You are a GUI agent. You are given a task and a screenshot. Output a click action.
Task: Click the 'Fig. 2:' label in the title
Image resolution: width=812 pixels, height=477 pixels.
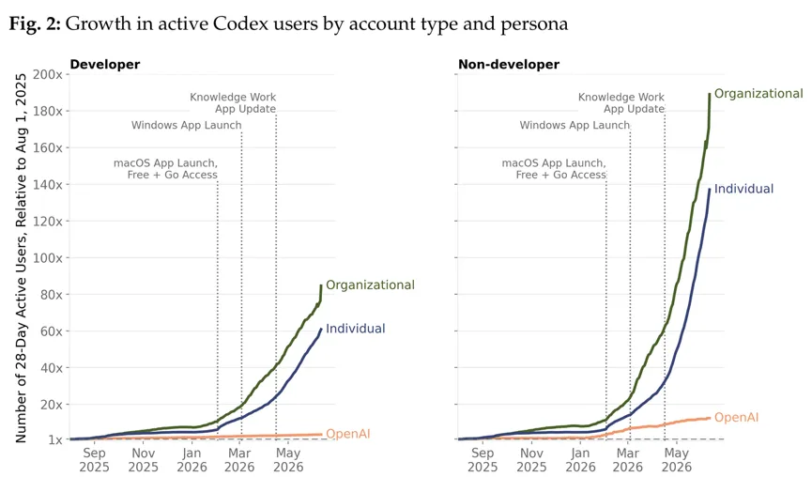click(35, 23)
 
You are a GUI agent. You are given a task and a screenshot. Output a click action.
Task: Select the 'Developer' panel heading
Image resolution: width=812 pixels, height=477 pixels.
click(104, 64)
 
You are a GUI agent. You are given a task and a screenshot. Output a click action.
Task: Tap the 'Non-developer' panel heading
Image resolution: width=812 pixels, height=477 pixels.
click(509, 64)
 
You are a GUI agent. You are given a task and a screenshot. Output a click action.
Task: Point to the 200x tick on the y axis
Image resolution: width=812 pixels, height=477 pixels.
click(48, 74)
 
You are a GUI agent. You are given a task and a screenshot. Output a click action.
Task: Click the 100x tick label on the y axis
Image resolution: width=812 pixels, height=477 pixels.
click(48, 258)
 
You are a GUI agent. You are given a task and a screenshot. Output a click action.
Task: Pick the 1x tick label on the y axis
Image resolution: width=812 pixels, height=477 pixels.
click(55, 439)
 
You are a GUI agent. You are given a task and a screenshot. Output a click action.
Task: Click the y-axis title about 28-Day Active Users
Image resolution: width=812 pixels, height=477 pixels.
click(21, 258)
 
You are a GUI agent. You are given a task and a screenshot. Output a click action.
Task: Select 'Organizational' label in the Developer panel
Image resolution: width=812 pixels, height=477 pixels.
click(370, 285)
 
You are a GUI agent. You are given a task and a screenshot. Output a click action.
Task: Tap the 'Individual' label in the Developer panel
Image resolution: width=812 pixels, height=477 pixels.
click(355, 329)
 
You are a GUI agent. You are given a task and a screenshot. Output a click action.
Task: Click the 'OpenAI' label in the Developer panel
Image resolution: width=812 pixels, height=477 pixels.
click(348, 434)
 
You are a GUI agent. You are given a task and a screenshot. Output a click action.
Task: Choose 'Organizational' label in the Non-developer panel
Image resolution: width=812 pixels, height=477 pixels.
click(758, 93)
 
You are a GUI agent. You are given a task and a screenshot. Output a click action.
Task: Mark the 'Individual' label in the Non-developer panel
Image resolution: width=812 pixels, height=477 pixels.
click(743, 189)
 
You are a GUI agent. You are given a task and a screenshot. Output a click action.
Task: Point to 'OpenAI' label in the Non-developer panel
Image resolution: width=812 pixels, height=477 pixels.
click(736, 418)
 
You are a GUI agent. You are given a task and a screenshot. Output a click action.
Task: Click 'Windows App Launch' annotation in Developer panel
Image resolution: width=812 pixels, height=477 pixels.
click(187, 125)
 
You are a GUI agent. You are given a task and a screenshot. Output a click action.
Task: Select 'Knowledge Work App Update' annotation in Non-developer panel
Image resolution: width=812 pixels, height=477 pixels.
click(621, 103)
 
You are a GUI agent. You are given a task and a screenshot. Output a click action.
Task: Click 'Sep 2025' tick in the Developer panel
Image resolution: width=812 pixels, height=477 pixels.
click(94, 460)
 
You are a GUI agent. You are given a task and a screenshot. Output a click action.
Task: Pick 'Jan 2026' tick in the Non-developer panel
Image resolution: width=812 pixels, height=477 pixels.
click(580, 460)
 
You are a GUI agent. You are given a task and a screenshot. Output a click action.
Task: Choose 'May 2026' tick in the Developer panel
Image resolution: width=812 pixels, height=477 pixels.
click(288, 460)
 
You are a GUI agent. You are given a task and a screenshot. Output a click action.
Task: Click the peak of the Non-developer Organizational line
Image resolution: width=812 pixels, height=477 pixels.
click(709, 94)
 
